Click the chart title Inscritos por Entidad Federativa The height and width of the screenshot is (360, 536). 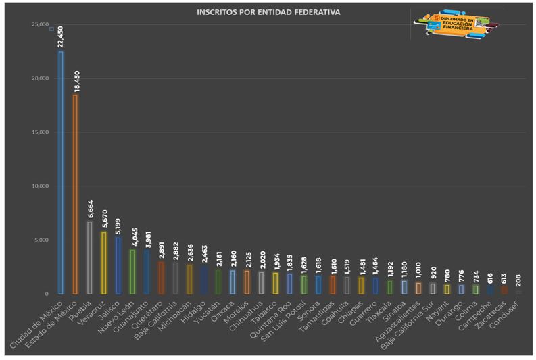[x=268, y=12]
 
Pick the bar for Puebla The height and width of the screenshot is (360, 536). [x=89, y=257]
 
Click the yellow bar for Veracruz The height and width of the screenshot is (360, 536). [x=103, y=263]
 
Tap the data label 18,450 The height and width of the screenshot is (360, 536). [x=75, y=80]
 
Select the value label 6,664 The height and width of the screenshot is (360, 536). [x=89, y=209]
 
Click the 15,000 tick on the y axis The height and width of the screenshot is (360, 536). [x=41, y=132]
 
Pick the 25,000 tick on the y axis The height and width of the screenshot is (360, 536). [x=41, y=25]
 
